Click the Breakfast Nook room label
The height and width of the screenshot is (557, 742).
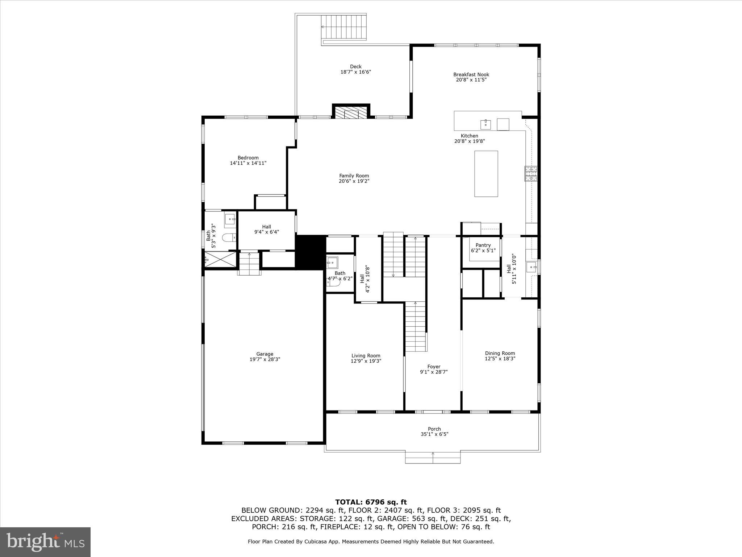pyautogui.click(x=471, y=75)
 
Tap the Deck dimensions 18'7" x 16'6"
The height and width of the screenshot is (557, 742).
pyautogui.click(x=355, y=72)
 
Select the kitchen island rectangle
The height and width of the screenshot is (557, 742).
pyautogui.click(x=486, y=174)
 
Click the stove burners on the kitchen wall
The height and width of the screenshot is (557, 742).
pyautogui.click(x=532, y=174)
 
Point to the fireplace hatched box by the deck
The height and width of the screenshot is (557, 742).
pyautogui.click(x=351, y=112)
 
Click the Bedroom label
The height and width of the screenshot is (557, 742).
pyautogui.click(x=248, y=158)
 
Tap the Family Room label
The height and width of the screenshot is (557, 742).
pyautogui.click(x=354, y=176)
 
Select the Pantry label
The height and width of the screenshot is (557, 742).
pyautogui.click(x=483, y=245)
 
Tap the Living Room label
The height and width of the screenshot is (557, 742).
pyautogui.click(x=366, y=356)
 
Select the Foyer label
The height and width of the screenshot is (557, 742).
pyautogui.click(x=434, y=367)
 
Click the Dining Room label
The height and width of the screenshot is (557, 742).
pyautogui.click(x=500, y=353)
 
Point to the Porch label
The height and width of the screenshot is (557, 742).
pyautogui.click(x=434, y=429)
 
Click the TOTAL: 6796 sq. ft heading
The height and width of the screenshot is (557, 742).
pyautogui.click(x=371, y=502)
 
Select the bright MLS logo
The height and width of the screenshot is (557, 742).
pyautogui.click(x=45, y=542)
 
